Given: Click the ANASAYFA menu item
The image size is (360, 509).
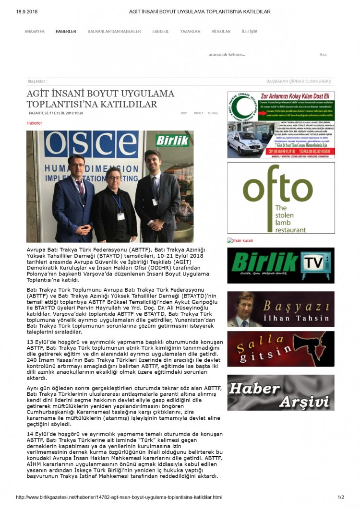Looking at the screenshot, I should tap(35, 32).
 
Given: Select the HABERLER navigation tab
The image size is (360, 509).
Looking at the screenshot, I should tap(66, 32).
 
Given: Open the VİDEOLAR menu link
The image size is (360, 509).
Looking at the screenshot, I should tap(221, 32).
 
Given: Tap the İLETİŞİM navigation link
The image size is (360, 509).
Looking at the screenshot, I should tap(249, 32).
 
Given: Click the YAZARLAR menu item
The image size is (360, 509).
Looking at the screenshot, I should tap(190, 32).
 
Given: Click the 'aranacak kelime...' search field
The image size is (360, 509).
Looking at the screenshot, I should tap(227, 55).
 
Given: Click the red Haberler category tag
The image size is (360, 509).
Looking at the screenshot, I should tap(34, 123).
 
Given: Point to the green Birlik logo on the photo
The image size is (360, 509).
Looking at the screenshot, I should tap(172, 140).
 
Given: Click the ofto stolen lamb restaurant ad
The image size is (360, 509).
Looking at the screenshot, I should tap(281, 198).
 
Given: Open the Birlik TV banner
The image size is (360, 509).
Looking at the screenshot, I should tap(281, 265).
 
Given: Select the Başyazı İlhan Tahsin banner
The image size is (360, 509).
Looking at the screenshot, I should tap(281, 309).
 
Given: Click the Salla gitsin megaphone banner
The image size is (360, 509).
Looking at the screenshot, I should tap(281, 349).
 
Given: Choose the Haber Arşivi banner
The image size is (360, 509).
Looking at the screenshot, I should tap(281, 392).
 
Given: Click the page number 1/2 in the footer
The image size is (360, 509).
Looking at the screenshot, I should tap(341, 497).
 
